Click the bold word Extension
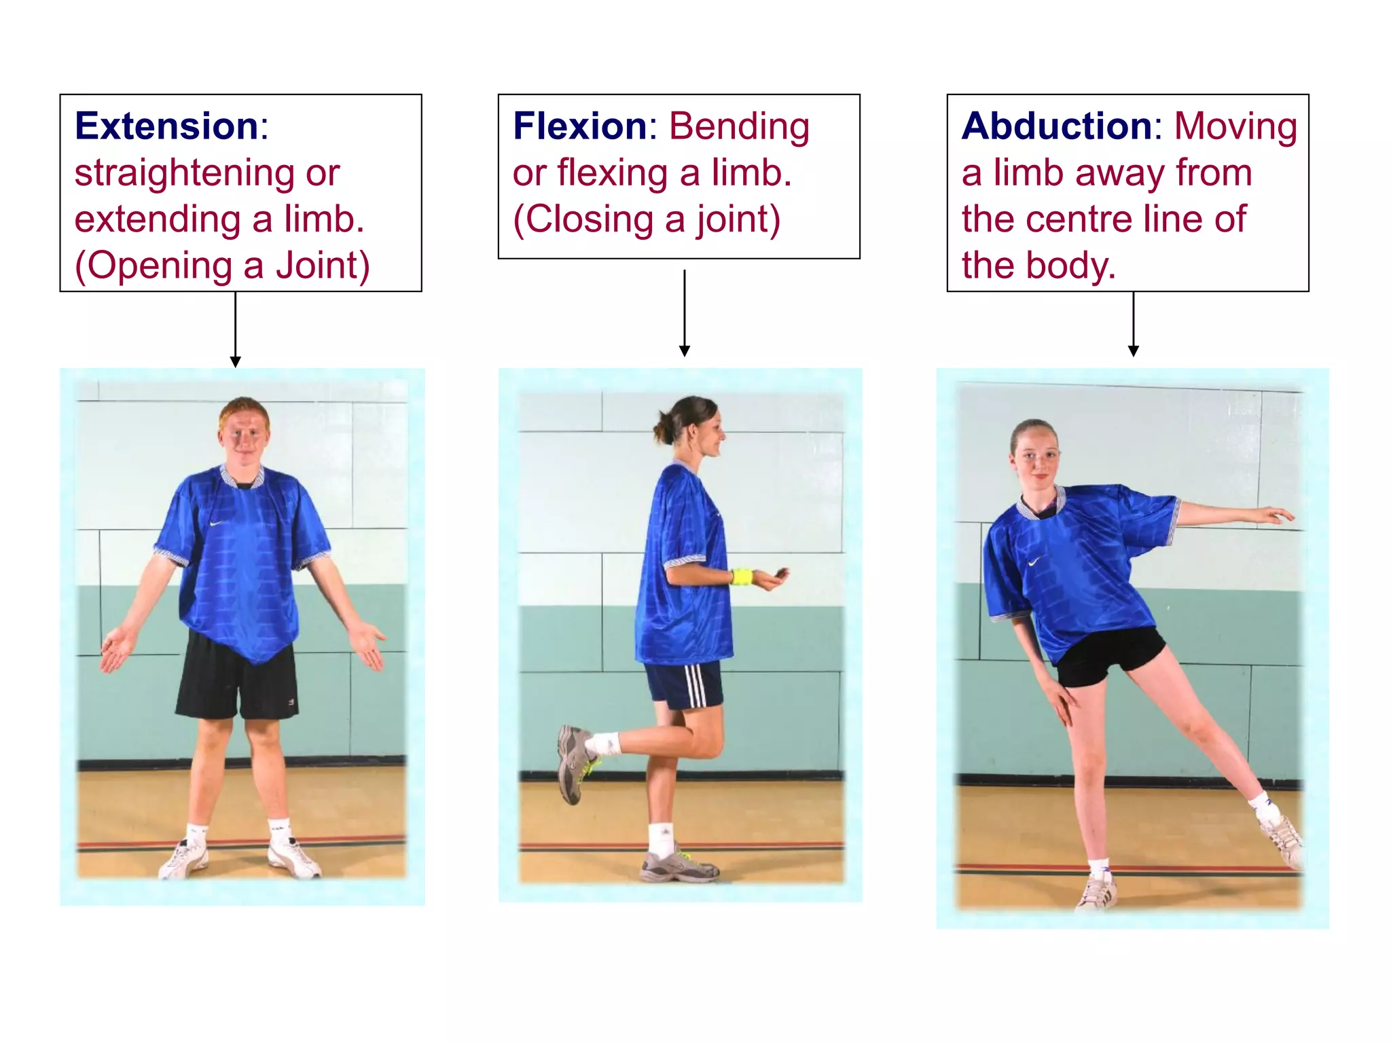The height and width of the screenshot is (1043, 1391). (166, 126)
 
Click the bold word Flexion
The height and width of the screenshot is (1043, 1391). (580, 126)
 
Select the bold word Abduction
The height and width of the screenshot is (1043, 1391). (1057, 126)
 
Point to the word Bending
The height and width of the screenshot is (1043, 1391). (739, 128)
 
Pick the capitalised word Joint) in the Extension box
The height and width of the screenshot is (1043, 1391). (323, 266)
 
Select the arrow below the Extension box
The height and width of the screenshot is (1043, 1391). (236, 329)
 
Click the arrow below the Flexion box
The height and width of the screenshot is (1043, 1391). (685, 313)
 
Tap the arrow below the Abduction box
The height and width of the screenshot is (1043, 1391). (1134, 324)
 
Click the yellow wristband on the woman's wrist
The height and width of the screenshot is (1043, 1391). (742, 577)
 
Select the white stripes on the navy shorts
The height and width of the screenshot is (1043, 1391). (695, 686)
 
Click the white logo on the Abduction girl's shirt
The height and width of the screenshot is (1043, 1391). (1035, 562)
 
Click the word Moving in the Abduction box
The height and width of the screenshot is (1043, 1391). (1235, 128)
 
